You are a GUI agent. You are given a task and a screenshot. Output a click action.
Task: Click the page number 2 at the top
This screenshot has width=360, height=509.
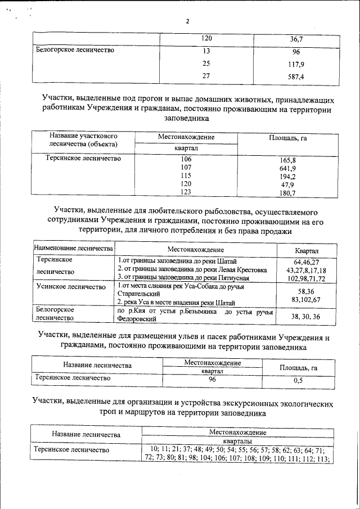(187, 21)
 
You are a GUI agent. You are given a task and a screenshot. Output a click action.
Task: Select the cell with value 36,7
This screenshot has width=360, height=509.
(296, 39)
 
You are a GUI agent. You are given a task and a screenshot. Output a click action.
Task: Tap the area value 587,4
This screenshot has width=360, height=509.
(296, 76)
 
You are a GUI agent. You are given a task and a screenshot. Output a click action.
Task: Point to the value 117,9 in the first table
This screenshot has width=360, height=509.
(296, 64)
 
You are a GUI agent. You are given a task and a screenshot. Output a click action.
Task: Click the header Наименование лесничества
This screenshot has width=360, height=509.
(74, 248)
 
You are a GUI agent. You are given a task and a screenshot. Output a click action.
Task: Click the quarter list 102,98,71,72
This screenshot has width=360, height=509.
(307, 278)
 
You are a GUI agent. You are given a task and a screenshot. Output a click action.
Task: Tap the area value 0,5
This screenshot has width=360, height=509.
(298, 380)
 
